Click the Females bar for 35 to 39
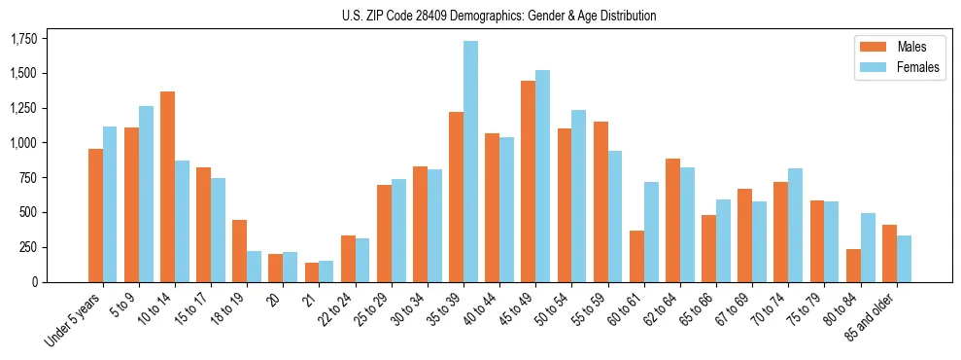click(x=470, y=162)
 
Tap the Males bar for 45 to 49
click(x=528, y=181)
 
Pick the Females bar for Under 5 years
click(x=110, y=204)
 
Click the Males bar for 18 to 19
click(x=239, y=251)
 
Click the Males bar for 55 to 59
click(x=601, y=201)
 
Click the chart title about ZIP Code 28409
click(x=498, y=16)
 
